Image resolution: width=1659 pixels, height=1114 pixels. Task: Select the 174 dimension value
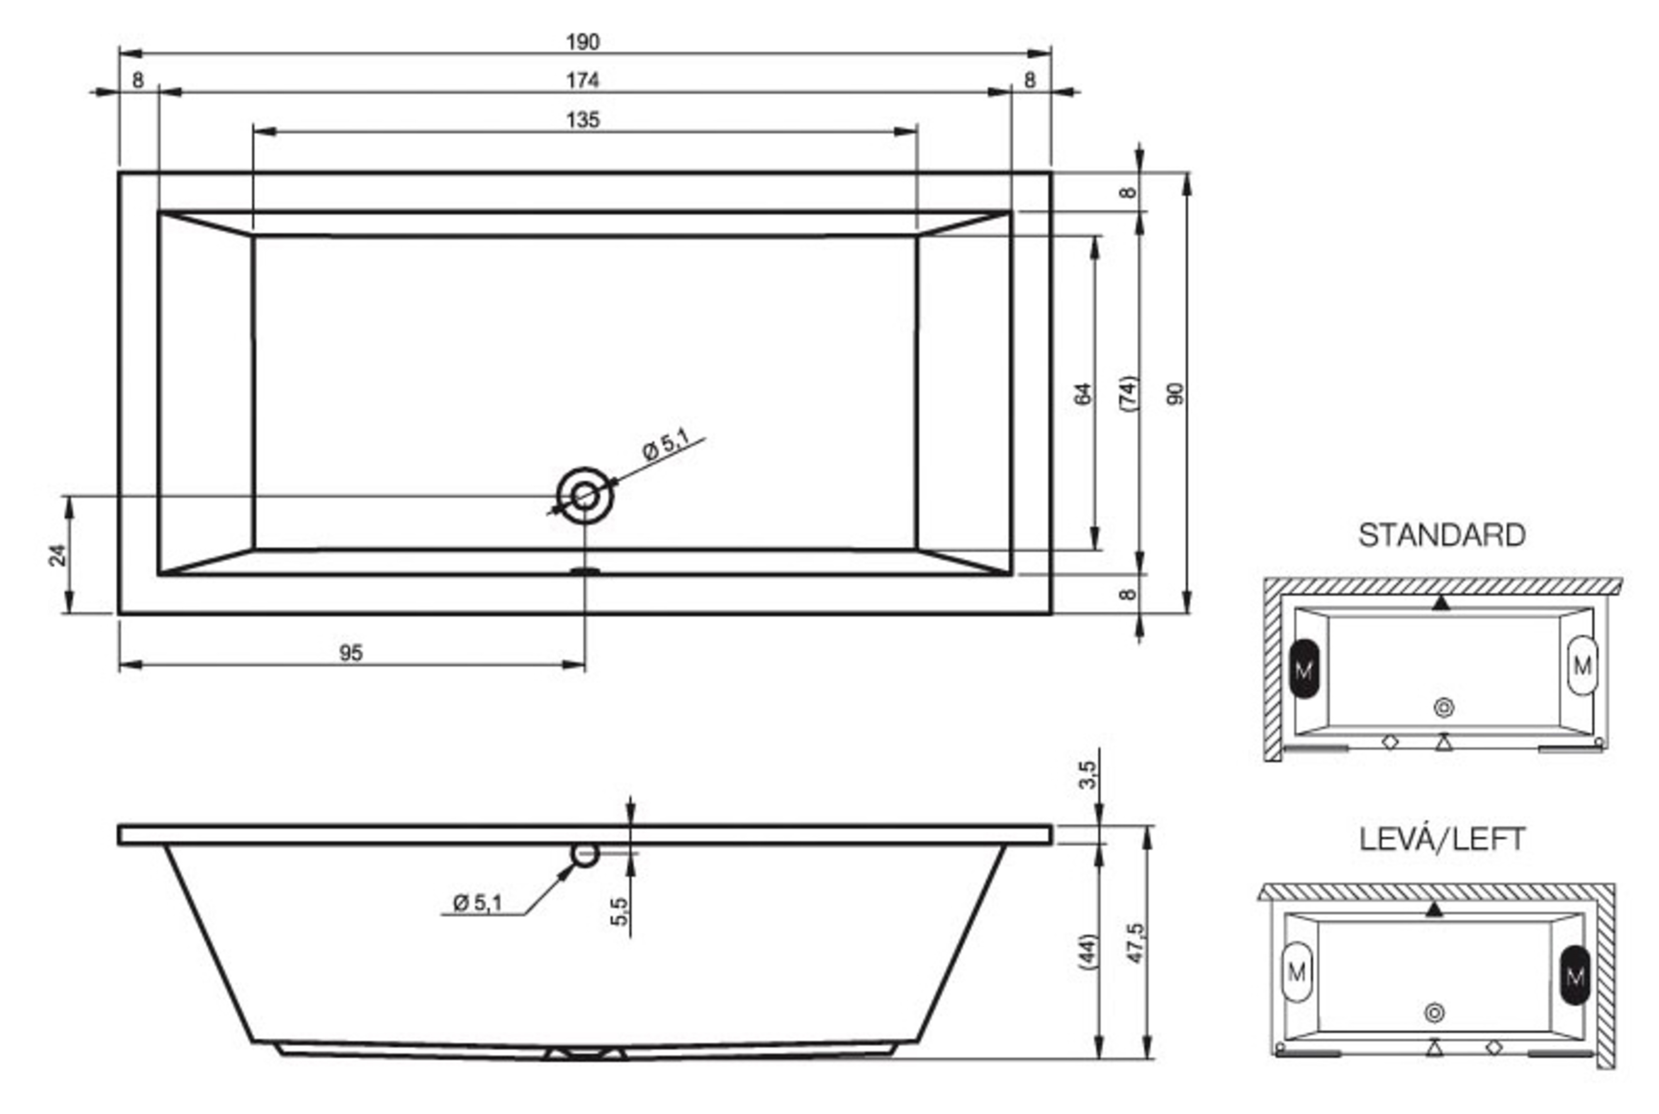[x=582, y=80]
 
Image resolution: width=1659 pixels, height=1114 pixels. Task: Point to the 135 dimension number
[x=583, y=119]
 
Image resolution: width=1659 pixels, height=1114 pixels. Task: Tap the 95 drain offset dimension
[x=350, y=652]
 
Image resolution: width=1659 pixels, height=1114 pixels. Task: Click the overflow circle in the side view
[x=584, y=855]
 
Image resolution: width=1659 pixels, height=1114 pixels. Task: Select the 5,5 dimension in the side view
[x=619, y=911]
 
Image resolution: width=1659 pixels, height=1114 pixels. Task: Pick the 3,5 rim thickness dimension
[x=1087, y=775]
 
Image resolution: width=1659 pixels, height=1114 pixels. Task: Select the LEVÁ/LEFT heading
[x=1442, y=839]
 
